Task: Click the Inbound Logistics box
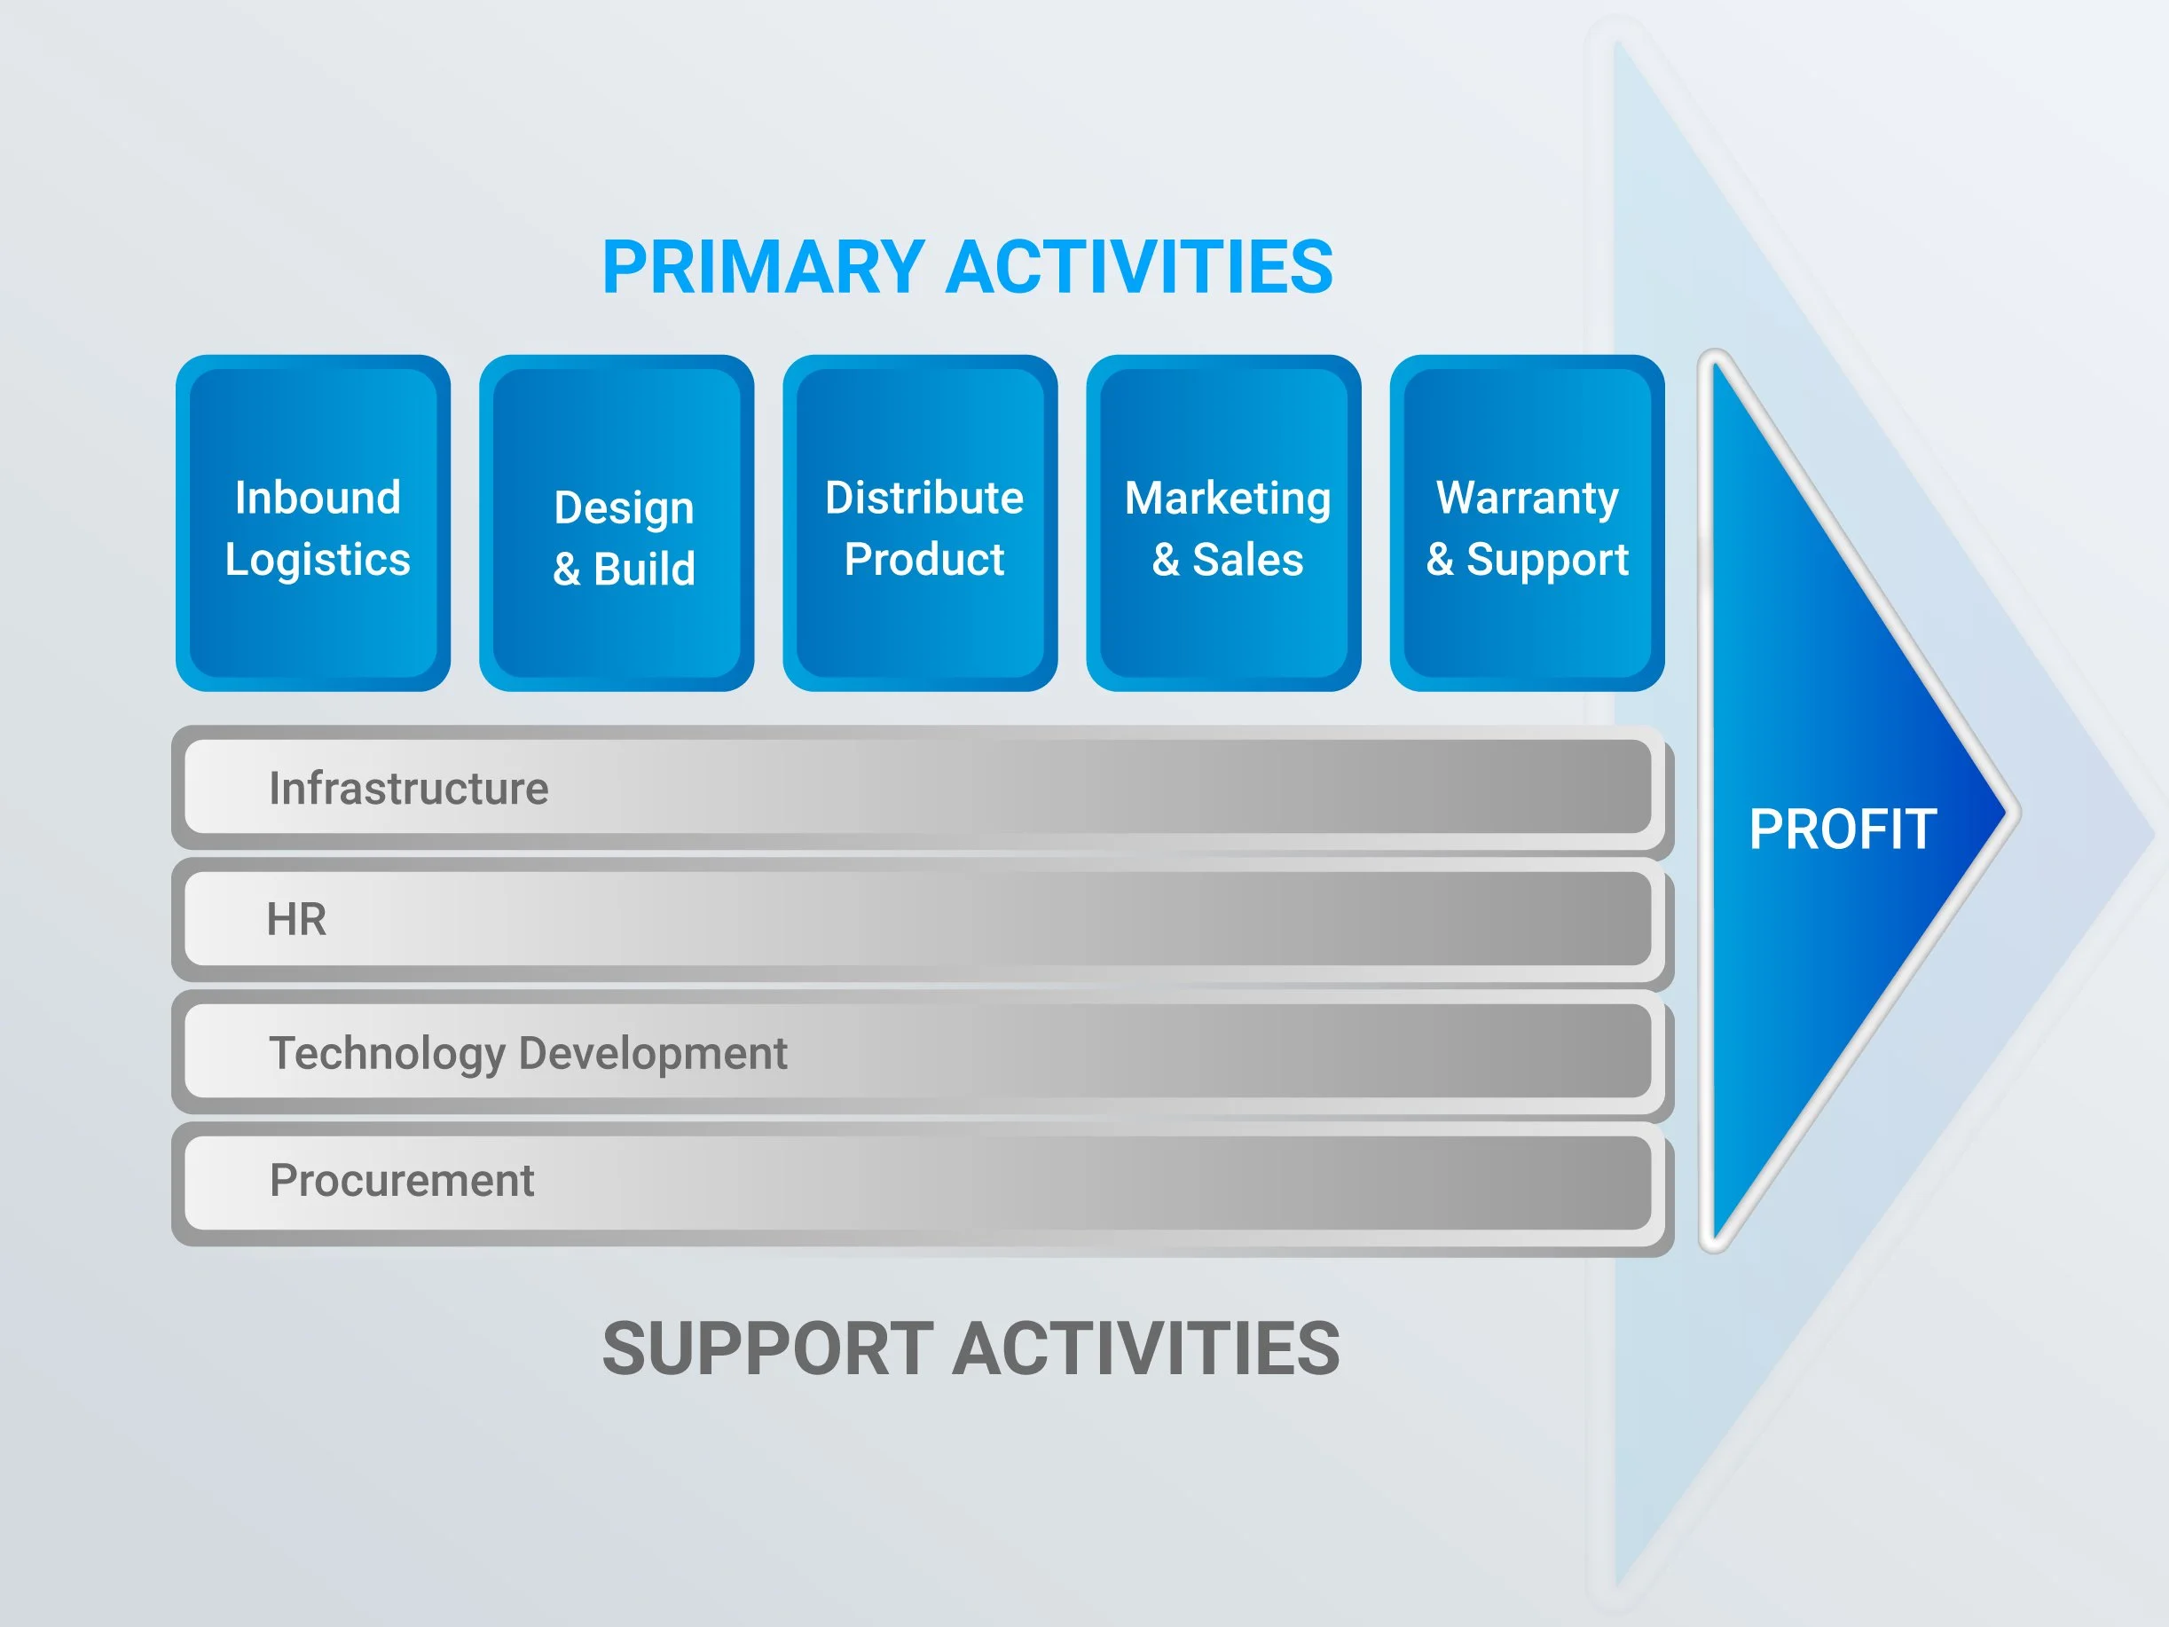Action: (313, 523)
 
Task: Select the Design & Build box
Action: (617, 523)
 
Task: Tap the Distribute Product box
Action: (920, 523)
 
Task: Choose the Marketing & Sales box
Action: (1223, 523)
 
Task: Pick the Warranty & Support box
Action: (1527, 523)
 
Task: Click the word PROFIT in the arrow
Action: (1843, 829)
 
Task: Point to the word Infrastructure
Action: (409, 789)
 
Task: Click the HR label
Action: (296, 919)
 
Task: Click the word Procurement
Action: (402, 1180)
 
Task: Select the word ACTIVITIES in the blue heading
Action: (1139, 267)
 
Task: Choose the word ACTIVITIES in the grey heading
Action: (1146, 1348)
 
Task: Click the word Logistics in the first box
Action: (318, 561)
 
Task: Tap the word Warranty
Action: (1528, 499)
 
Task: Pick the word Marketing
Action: (1228, 499)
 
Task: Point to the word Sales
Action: (1248, 560)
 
